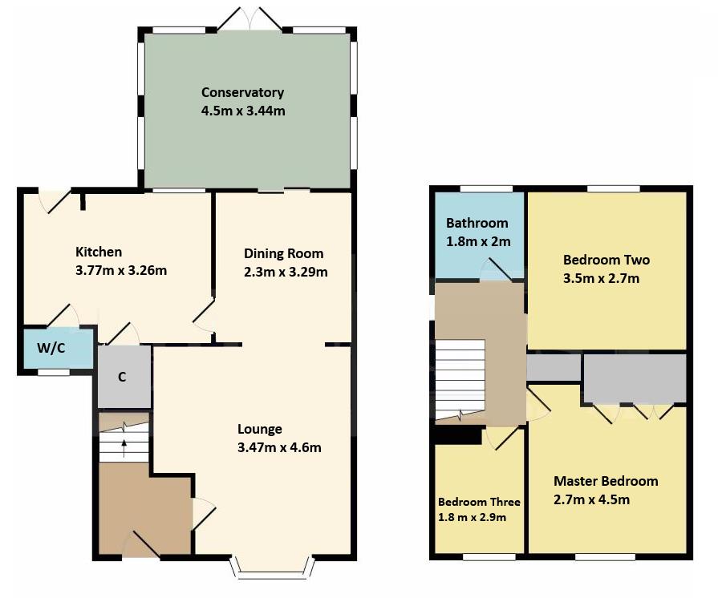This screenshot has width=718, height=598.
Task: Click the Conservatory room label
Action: coord(243,92)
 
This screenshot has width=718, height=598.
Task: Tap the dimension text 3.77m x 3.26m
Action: coord(121,270)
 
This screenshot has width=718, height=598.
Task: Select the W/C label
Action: coord(51,348)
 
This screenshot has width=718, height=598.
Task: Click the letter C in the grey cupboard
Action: coord(122,377)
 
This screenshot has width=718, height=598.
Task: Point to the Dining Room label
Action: coord(283,253)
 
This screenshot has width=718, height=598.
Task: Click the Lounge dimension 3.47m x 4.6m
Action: coord(279,447)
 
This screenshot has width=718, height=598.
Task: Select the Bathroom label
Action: coord(477,224)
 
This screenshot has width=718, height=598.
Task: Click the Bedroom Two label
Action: coord(606,260)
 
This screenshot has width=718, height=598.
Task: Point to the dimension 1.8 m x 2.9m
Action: coord(472,518)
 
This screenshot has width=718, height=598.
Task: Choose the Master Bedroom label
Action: coord(606,481)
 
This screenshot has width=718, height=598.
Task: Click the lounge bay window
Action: coord(272,568)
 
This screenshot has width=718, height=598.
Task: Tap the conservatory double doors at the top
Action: coord(249,18)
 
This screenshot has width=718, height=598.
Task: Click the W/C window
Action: coord(54,373)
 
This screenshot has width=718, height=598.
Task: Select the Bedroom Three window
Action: coord(489,557)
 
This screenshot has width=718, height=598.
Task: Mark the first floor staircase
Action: coord(460,379)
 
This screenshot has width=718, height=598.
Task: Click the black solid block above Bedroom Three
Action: coord(458,435)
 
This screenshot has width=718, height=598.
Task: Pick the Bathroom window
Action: coord(486,188)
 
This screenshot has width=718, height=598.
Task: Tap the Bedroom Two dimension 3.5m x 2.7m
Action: coord(601,279)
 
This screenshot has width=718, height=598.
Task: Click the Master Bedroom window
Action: coord(605,557)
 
